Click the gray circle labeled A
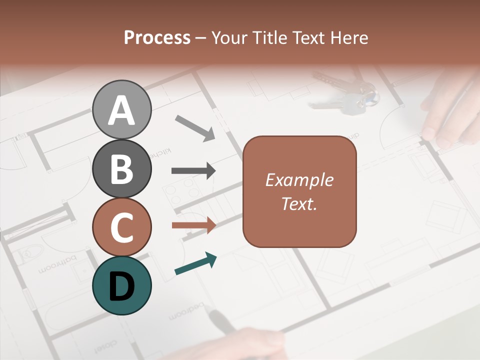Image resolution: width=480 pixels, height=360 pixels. click(121, 110)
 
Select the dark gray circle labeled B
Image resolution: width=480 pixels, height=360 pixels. click(121, 168)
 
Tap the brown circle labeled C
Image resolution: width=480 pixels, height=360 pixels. click(121, 227)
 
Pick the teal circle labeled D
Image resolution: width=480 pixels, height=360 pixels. click(121, 285)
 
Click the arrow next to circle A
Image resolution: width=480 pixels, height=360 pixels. click(195, 128)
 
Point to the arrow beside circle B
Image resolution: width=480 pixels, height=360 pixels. click(193, 170)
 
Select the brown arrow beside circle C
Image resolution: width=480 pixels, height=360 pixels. click(193, 225)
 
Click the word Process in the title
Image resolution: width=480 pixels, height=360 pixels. click(157, 37)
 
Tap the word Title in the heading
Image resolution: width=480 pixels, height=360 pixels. click(270, 37)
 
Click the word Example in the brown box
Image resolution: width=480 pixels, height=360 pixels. click(299, 180)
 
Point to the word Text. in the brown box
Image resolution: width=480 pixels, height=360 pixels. click(299, 203)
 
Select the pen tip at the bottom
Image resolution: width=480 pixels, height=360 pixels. click(216, 316)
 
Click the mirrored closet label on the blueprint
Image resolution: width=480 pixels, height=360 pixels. click(104, 345)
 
